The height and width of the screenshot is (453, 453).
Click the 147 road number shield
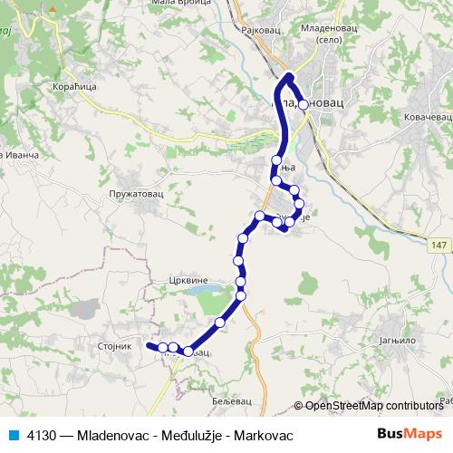pyautogui.click(x=439, y=245)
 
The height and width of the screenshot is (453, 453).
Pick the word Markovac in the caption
pyautogui.click(x=265, y=435)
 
